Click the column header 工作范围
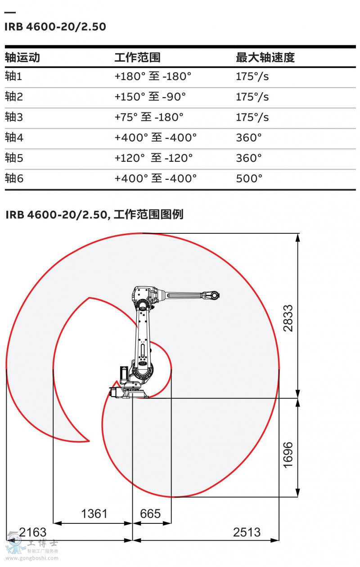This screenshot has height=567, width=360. pyautogui.click(x=137, y=58)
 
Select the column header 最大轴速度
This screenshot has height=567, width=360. pyautogui.click(x=265, y=58)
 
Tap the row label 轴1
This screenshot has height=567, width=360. pyautogui.click(x=13, y=76)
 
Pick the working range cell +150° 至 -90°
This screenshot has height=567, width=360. pyautogui.click(x=150, y=97)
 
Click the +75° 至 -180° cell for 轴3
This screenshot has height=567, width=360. pyautogui.click(x=149, y=117)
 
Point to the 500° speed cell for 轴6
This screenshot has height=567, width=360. pyautogui.click(x=249, y=179)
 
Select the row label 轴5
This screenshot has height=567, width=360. pyautogui.click(x=14, y=158)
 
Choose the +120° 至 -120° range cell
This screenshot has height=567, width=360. pyautogui.click(x=154, y=158)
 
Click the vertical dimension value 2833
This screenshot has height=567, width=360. pyautogui.click(x=288, y=318)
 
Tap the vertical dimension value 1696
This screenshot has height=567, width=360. pyautogui.click(x=288, y=455)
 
